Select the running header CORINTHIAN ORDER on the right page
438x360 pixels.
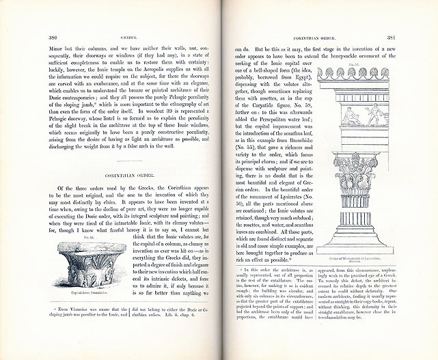[316, 37]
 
